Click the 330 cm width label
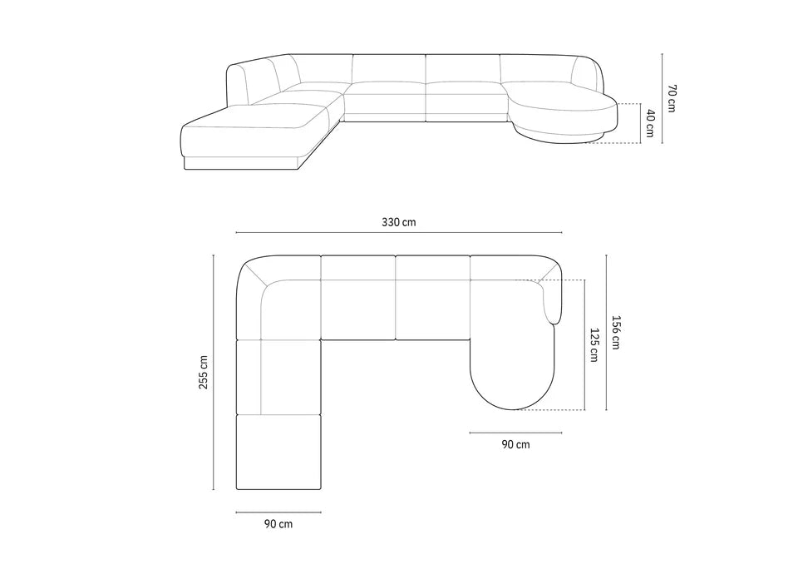pos(399,222)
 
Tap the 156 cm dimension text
pos(616,333)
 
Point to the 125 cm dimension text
pos(594,344)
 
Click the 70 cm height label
pos(672,98)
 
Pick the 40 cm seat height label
pos(650,124)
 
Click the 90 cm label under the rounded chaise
pos(515,444)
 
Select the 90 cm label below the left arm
pos(278,524)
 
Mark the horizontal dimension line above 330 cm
pos(399,233)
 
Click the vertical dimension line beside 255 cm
pos(214,372)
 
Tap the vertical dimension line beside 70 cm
pos(663,98)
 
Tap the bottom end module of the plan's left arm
pos(278,451)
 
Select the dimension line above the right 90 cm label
pos(515,433)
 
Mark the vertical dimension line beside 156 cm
pos(607,333)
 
